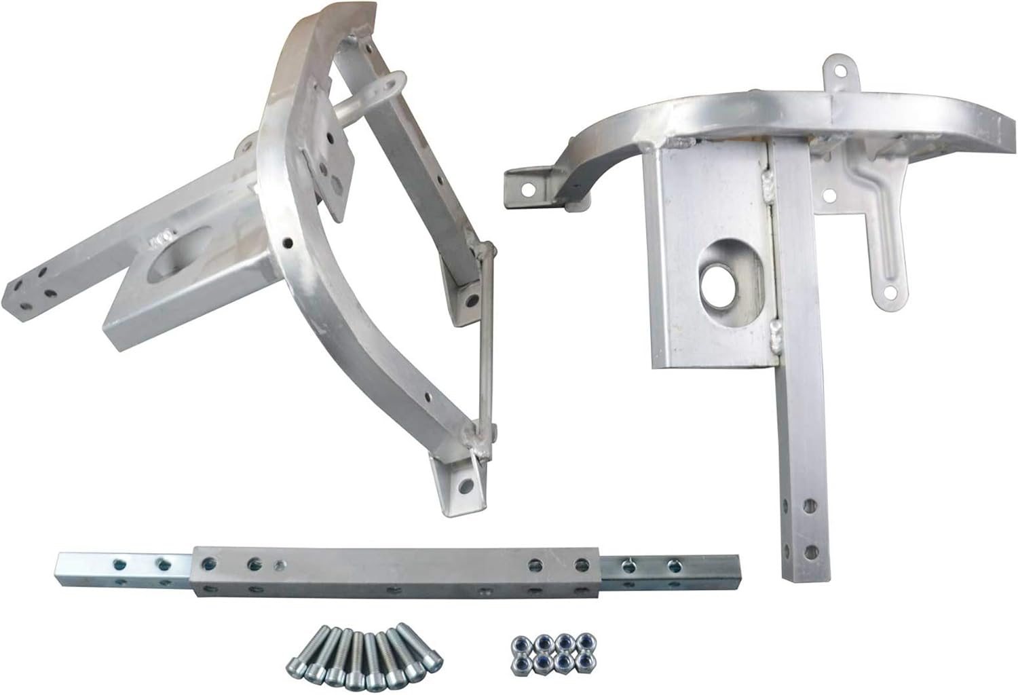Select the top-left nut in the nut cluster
pos(521,642)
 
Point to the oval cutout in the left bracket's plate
pos(176,261)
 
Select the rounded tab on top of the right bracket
pos(840,71)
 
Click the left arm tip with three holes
pos(31,285)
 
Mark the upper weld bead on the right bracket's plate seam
pos(769,181)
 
